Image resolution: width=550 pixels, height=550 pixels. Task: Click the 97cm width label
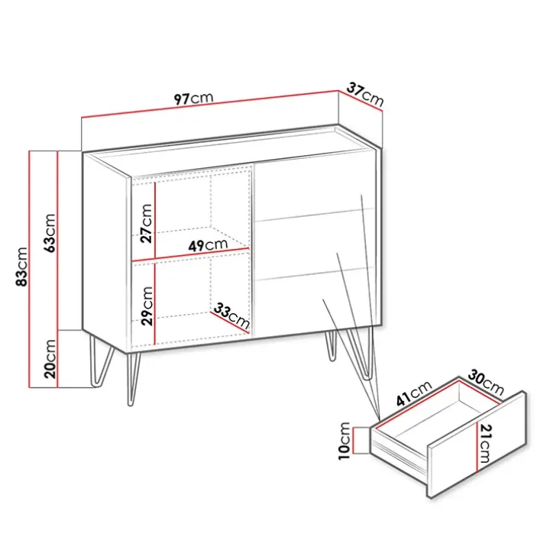pos(193,99)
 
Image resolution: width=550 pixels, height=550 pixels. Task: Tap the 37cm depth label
pos(365,94)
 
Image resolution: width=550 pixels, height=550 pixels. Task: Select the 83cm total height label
pos(21,267)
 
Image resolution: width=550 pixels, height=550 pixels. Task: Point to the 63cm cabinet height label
pos(49,233)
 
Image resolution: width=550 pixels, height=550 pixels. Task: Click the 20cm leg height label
pos(50,359)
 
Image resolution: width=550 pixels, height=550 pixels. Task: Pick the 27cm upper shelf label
pos(146,223)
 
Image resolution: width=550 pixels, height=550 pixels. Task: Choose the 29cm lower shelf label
pos(147,306)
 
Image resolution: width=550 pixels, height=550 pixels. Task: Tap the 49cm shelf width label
pos(208,245)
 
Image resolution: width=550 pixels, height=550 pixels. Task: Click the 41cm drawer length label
pos(414,393)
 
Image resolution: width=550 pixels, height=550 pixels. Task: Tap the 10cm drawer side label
pos(345,441)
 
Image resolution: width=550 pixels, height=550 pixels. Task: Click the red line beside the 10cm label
pos(354,441)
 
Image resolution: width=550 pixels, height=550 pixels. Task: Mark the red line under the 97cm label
pos(210,104)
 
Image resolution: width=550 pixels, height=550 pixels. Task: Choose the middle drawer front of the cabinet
pos(314,245)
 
